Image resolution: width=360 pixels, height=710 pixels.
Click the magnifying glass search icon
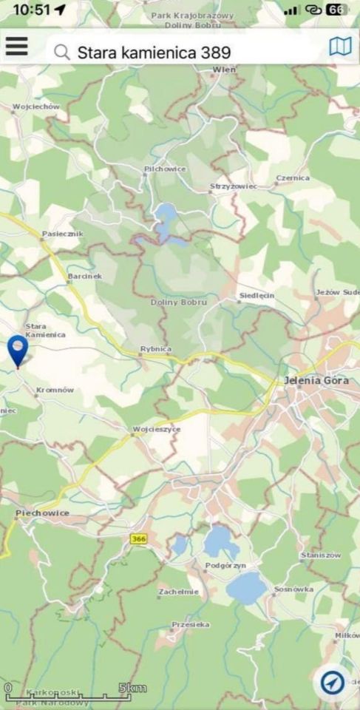click(x=63, y=52)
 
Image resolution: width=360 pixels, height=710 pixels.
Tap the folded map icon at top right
click(x=339, y=47)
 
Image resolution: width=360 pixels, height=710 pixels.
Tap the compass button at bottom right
click(x=333, y=681)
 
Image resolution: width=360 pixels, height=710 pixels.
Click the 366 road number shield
click(x=138, y=539)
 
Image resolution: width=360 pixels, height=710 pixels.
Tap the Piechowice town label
click(x=42, y=513)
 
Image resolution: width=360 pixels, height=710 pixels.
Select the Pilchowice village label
click(x=165, y=169)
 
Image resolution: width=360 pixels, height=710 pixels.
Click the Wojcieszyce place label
click(x=157, y=429)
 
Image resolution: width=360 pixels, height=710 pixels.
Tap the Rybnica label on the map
click(x=156, y=348)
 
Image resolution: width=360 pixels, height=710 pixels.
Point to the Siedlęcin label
click(x=257, y=295)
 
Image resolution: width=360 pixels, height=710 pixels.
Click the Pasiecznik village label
click(x=63, y=234)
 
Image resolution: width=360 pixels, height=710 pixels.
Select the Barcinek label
click(x=84, y=276)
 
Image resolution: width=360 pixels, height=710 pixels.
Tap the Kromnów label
click(x=55, y=390)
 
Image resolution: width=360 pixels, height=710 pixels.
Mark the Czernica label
click(x=293, y=178)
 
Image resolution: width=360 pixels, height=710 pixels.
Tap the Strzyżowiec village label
click(x=233, y=186)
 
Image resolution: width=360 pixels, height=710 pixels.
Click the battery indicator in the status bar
click(x=336, y=10)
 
